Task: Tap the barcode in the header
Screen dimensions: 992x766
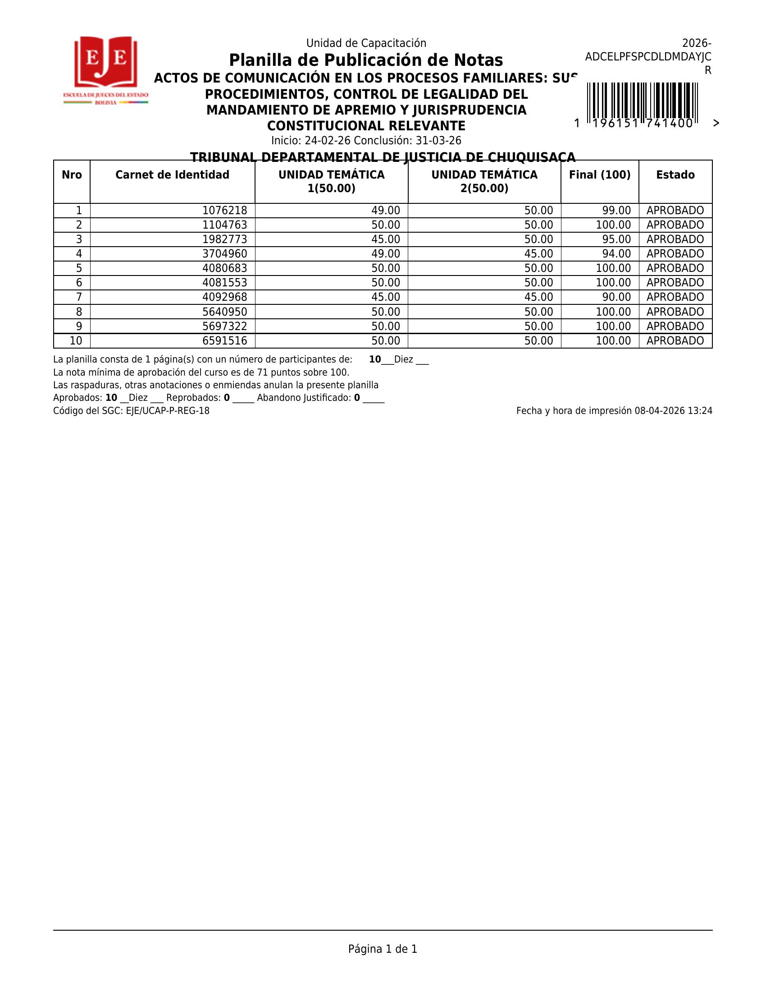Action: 642,101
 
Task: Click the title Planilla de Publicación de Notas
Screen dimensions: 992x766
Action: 366,60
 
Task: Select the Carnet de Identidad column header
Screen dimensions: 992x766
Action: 173,175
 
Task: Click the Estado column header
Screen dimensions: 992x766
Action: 675,175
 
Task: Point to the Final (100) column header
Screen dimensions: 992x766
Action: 599,175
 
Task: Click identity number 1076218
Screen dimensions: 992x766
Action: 225,211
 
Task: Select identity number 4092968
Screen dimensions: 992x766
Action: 225,297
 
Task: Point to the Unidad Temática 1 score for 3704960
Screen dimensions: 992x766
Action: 386,254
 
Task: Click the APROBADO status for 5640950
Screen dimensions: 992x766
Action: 675,312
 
